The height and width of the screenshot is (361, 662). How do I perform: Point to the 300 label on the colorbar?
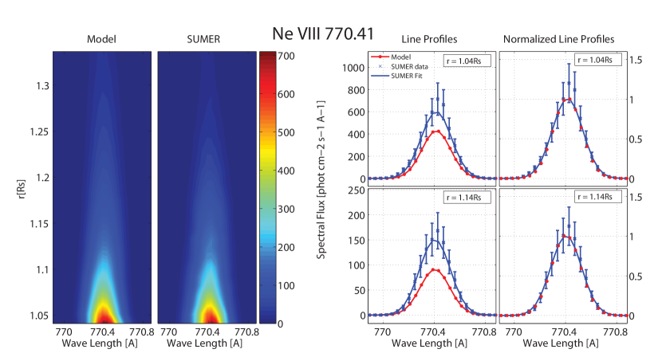pos(287,210)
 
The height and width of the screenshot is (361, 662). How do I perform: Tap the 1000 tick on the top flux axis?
pos(349,68)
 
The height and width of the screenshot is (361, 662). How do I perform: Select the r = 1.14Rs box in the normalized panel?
pos(597,196)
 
